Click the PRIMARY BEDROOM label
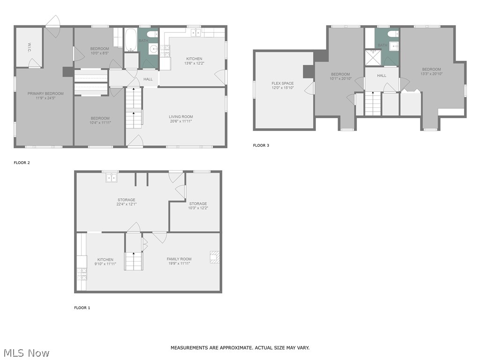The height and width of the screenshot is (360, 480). pos(45,94)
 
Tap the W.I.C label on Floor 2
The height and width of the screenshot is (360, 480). pos(29,47)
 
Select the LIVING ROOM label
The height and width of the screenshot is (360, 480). pos(180,117)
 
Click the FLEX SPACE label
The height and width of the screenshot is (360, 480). pos(282,83)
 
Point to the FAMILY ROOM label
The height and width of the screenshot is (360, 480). pos(179,259)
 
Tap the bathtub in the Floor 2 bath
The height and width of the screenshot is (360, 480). pos(131,39)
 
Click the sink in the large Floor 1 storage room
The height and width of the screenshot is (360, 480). pos(112,178)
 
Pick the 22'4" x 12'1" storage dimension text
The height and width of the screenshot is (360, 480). pos(126,204)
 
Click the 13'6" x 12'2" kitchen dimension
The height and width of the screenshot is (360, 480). pos(195,63)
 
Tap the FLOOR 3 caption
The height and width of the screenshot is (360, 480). pos(261,145)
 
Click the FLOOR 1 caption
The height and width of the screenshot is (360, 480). pos(82,308)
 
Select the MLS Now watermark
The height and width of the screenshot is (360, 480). pos(26,353)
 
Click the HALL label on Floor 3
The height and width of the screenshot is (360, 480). pos(382,75)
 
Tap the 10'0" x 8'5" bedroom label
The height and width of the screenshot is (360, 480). pos(99,53)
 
